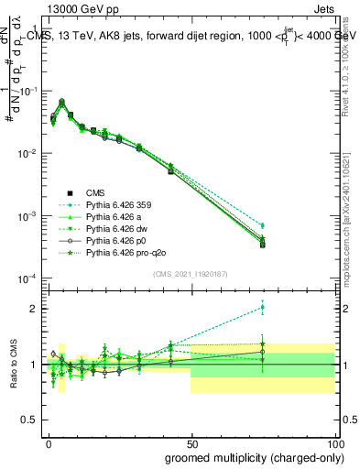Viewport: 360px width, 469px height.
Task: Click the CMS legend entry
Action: point(95,192)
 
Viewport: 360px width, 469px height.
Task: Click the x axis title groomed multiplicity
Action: point(250,457)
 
